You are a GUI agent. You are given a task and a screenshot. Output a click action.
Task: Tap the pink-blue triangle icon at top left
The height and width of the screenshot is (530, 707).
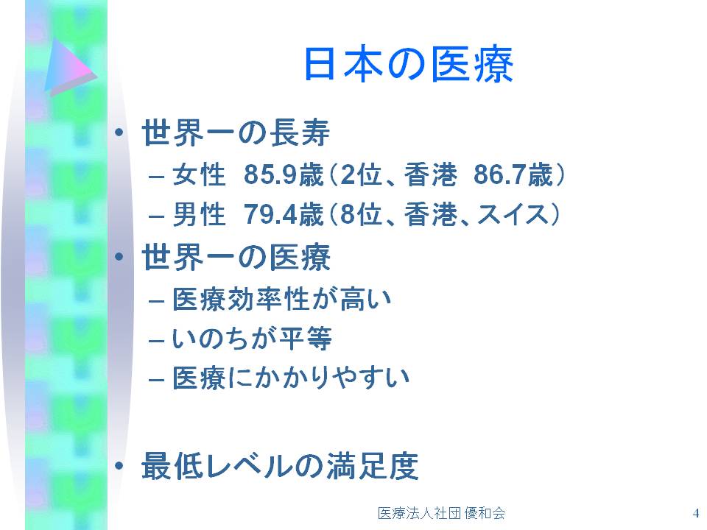click(x=70, y=67)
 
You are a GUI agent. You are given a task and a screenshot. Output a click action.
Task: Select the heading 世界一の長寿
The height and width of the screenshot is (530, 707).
click(x=236, y=133)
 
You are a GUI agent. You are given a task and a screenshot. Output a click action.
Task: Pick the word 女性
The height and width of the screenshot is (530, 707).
click(x=199, y=174)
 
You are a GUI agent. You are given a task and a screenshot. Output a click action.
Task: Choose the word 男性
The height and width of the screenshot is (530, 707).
click(x=199, y=214)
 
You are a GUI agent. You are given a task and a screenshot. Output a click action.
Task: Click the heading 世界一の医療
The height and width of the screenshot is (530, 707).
click(x=236, y=258)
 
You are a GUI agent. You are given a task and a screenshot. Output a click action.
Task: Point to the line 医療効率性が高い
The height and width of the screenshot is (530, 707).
click(x=282, y=299)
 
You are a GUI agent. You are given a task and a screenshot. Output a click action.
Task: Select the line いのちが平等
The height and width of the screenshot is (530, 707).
click(x=253, y=339)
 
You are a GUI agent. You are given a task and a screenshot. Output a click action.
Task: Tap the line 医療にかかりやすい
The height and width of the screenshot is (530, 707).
click(x=292, y=378)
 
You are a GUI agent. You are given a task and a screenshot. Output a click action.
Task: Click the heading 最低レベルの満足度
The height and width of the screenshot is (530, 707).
click(x=280, y=466)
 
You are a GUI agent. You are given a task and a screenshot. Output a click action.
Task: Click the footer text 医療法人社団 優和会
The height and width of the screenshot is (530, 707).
click(x=441, y=513)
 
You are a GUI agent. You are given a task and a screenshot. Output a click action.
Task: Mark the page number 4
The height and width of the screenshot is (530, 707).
click(x=696, y=513)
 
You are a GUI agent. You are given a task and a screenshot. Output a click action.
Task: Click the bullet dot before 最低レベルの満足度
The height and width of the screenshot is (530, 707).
click(x=119, y=466)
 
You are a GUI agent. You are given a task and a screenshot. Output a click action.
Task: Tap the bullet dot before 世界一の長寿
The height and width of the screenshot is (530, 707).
click(x=119, y=132)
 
